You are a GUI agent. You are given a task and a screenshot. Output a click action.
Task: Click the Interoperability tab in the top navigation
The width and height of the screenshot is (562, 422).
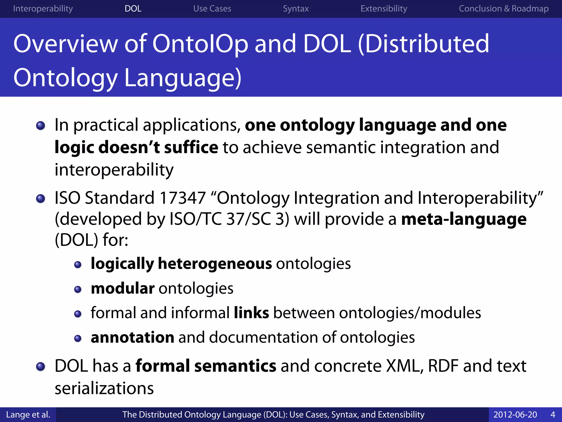43,9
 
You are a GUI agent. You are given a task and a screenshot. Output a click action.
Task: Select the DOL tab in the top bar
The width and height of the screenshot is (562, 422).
133,9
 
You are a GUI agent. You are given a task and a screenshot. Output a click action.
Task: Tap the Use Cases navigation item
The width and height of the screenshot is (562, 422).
212,9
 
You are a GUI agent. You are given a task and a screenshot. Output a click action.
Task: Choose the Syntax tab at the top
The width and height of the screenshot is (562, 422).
296,9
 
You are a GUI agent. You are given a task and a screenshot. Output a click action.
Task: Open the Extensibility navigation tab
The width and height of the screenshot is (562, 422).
384,9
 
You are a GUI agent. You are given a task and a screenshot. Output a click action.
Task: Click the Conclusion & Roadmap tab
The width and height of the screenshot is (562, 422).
504,9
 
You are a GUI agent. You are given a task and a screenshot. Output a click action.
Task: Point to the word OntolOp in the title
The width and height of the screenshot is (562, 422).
200,44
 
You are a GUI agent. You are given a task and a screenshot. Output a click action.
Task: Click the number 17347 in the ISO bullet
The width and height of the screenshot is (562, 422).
182,198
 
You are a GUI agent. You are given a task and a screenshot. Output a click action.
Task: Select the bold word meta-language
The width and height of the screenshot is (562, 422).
464,219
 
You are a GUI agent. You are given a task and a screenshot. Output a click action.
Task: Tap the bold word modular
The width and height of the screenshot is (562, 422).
122,288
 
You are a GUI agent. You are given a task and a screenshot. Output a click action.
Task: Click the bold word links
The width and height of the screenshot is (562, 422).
251,313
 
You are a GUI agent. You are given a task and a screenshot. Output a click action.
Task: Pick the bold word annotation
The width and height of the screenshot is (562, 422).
132,337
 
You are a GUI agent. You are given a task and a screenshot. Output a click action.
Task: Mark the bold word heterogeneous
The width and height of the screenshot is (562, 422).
215,264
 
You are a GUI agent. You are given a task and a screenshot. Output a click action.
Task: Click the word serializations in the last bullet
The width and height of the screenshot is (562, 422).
104,388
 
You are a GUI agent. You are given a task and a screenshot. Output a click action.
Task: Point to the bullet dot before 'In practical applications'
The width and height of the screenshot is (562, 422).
41,126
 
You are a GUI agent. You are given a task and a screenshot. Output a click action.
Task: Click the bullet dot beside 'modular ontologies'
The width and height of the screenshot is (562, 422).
78,289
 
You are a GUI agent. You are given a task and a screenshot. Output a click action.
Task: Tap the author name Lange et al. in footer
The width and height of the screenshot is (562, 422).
28,415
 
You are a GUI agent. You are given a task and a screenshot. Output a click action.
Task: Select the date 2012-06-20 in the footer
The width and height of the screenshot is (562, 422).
515,415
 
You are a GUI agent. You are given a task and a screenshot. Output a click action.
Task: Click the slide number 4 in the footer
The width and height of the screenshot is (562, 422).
553,415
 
